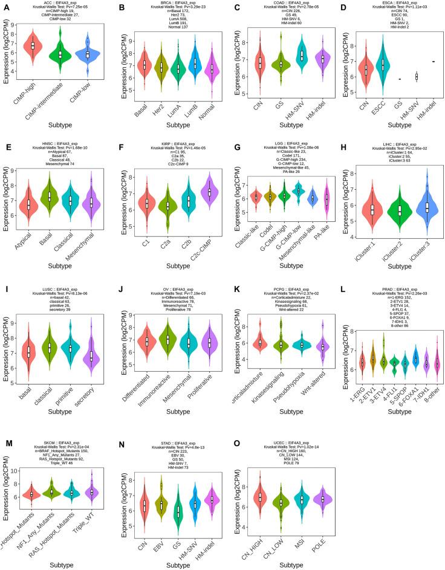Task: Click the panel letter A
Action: click(x=5, y=6)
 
